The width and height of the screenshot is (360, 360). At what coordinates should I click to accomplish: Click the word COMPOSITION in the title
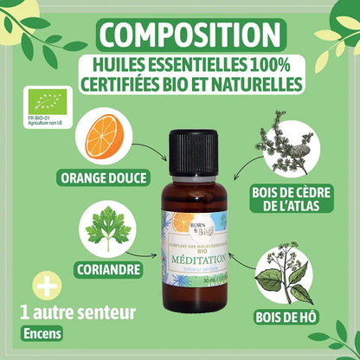[180, 35]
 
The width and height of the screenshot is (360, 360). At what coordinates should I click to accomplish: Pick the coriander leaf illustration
[106, 228]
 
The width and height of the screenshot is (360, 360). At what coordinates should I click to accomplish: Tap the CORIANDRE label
[107, 268]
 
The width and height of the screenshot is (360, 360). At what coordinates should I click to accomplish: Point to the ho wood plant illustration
[286, 267]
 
